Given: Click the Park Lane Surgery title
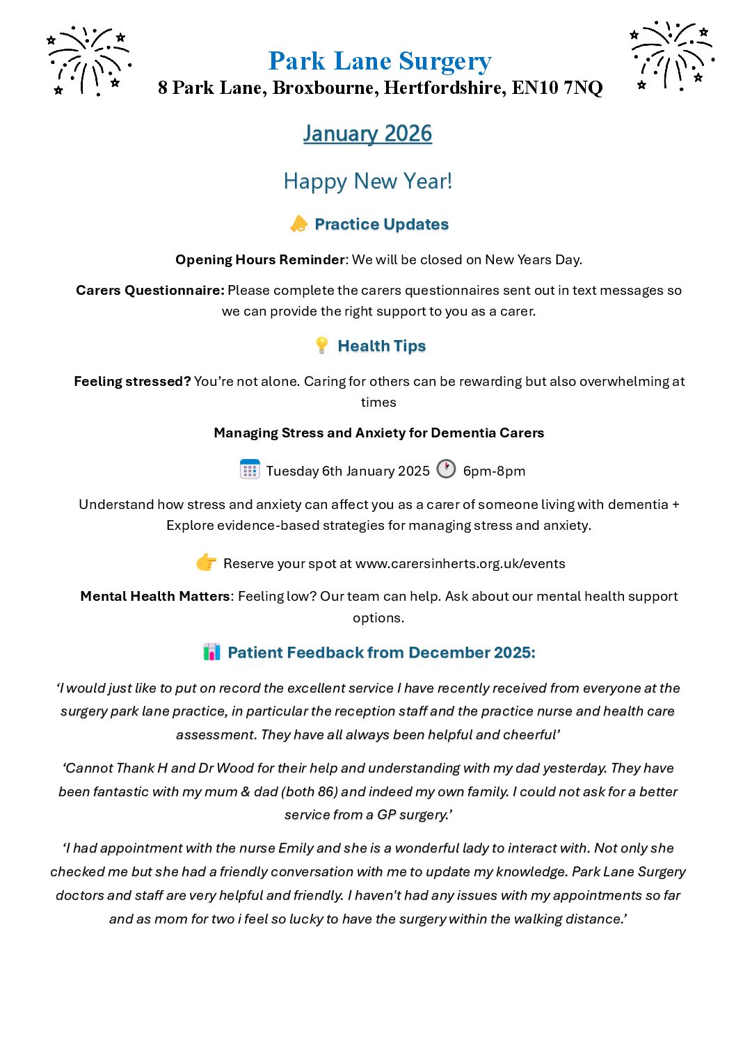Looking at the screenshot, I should point(380,61).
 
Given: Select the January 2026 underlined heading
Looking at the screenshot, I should point(367,133).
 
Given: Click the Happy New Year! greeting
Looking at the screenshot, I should point(367,181).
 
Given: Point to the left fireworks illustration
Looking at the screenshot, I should point(88,60).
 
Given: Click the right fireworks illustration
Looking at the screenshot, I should point(671,56).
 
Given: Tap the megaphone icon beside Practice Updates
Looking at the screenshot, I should point(298,224).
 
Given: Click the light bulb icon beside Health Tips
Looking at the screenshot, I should point(321,345).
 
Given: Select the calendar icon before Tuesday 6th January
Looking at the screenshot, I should point(249,469).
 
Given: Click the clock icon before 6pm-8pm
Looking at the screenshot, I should point(446,469).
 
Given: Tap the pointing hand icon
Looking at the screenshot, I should point(206,563).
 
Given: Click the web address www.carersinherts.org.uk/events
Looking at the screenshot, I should point(460,563).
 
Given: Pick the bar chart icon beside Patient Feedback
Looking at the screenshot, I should point(211,652).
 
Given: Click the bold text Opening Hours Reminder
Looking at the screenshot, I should point(260,259).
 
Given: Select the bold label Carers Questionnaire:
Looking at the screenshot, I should point(150,290).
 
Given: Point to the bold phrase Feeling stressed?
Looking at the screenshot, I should point(132,381).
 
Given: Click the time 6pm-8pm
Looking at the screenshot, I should point(494,471).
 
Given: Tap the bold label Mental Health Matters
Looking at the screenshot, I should point(155,596).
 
